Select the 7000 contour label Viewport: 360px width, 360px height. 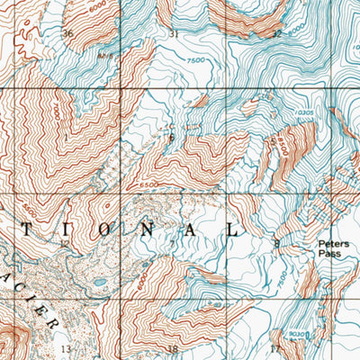pos(57,114)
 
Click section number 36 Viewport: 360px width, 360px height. pos(67,33)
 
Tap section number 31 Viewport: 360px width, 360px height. pos(174,33)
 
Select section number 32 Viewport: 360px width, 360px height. pos(276,33)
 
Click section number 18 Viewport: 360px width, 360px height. pos(173,348)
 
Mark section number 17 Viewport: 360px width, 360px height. pos(275,347)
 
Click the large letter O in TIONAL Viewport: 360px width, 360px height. pos(106,229)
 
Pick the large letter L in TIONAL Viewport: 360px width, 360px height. pos(232,229)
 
